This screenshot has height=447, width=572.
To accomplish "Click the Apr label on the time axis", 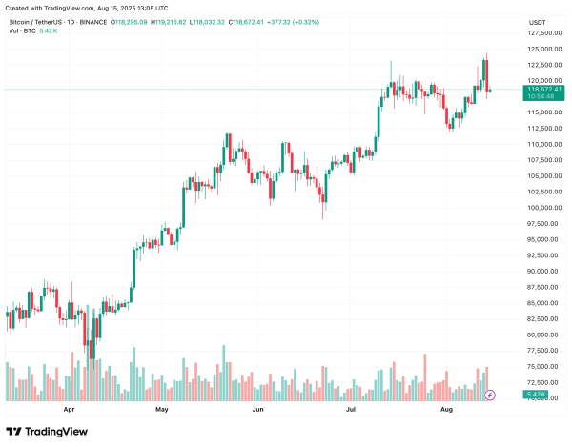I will point(69,411).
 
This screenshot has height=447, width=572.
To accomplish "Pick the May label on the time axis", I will point(161,411).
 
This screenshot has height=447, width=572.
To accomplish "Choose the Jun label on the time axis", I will point(257,411).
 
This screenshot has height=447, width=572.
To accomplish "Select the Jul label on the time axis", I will point(351,411).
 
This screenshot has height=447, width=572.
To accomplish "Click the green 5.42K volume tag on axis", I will point(536,394).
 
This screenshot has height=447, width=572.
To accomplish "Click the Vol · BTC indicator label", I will point(21,30).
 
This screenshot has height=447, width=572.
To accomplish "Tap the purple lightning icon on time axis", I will point(490,394).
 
